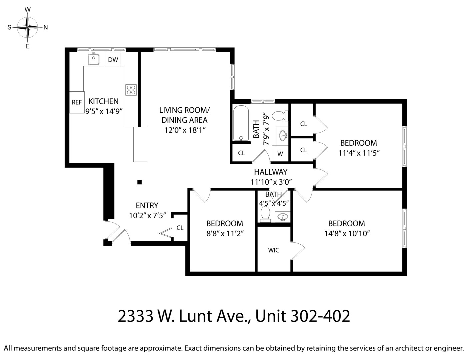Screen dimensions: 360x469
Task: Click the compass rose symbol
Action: [28, 27]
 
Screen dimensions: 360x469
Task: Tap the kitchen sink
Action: [94, 59]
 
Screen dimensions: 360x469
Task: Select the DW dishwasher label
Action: [113, 60]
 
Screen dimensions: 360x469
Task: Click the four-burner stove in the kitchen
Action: [131, 90]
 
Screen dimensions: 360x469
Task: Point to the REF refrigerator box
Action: [77, 102]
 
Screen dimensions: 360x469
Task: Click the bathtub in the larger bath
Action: [241, 123]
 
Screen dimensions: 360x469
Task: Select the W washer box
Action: [280, 154]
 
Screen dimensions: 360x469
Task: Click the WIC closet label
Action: [274, 250]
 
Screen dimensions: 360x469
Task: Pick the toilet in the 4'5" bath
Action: [265, 213]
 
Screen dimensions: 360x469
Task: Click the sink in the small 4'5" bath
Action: [283, 216]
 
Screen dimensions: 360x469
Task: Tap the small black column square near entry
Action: [140, 182]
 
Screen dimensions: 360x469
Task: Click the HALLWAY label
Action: [271, 172]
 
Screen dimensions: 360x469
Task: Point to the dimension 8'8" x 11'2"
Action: [225, 234]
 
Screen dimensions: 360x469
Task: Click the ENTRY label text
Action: [147, 205]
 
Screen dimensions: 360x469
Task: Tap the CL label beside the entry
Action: [180, 228]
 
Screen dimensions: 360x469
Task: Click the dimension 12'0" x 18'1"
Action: [185, 130]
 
